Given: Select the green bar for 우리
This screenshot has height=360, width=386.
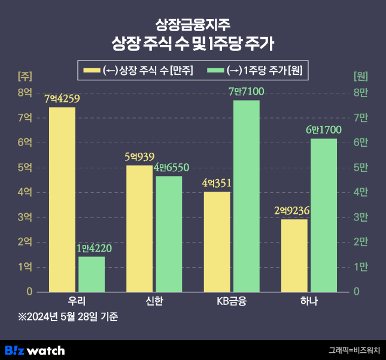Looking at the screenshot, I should pos(92,274).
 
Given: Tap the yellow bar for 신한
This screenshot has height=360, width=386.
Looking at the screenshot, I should pos(139,228).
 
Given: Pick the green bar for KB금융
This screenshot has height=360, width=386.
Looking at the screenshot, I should pos(246,196).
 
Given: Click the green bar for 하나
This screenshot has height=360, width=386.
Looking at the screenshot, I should pos(324,215).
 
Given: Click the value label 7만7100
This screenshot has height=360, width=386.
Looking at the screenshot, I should pos(246,92).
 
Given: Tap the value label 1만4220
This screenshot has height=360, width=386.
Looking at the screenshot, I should pos(94,248).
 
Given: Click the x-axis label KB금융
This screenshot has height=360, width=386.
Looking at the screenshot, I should pos(232,301).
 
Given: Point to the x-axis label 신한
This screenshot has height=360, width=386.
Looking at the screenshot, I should pos(154,301).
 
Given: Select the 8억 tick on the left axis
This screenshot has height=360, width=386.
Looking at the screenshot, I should pos(25,93).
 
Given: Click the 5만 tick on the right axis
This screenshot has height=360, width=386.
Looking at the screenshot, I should pos(361,168).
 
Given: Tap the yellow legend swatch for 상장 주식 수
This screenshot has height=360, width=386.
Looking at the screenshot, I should pos(92,71).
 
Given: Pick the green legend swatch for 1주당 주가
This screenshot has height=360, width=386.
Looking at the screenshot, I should pos(215,71).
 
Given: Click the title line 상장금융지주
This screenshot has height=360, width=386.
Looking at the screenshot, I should pos(193,25).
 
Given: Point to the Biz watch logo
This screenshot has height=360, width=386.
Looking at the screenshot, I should pos(35,350).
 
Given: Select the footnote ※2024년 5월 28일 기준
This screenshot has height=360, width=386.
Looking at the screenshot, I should pos(68,316).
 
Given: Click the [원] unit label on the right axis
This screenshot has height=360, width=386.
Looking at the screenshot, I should pos(361,76).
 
